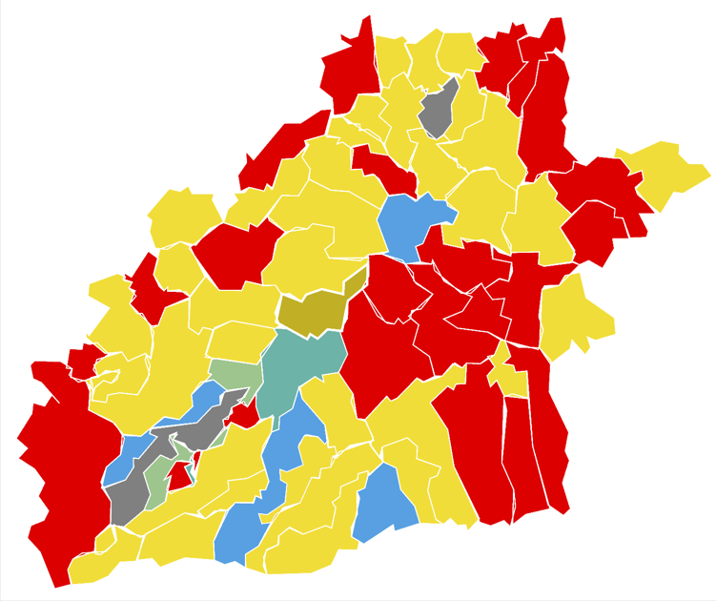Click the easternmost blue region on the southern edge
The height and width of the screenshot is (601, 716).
pos(383,504)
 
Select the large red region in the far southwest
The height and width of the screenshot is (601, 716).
pos(62,467)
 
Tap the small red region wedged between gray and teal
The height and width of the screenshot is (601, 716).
pos(242,414)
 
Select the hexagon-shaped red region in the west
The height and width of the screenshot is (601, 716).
pos(238,253)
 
